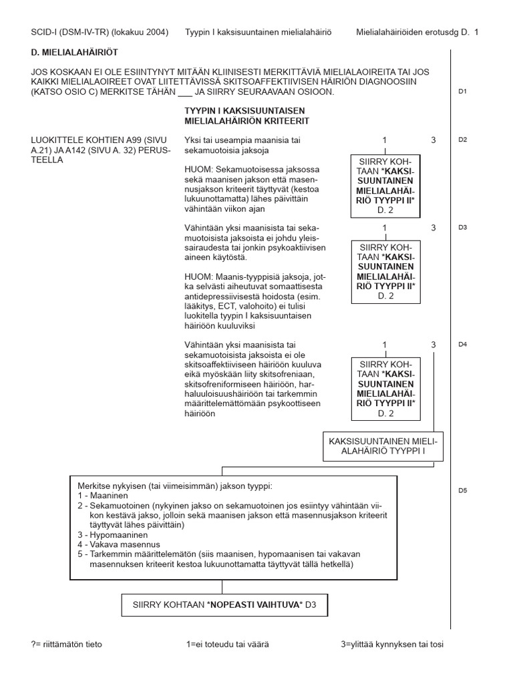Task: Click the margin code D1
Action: click(462, 92)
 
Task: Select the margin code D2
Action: click(462, 140)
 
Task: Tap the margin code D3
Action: click(462, 227)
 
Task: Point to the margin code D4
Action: click(462, 345)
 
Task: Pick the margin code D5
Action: click(462, 490)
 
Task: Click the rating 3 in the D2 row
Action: click(434, 140)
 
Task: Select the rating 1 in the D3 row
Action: click(385, 228)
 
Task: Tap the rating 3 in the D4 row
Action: click(434, 345)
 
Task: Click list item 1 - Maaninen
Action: click(104, 495)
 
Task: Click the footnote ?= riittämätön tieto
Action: click(67, 645)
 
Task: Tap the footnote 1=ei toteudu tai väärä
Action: click(228, 645)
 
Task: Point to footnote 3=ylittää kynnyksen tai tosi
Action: click(391, 645)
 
